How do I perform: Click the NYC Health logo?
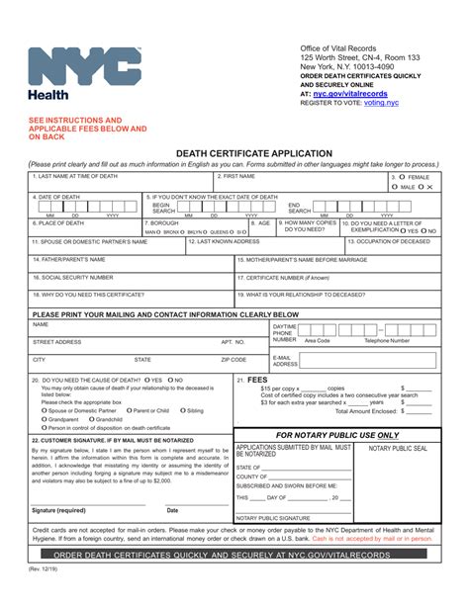[84, 69]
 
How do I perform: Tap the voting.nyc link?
[381, 102]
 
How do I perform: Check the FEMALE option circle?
[402, 178]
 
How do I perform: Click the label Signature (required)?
[58, 510]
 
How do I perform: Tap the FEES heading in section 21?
[257, 380]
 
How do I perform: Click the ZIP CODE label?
[234, 360]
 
